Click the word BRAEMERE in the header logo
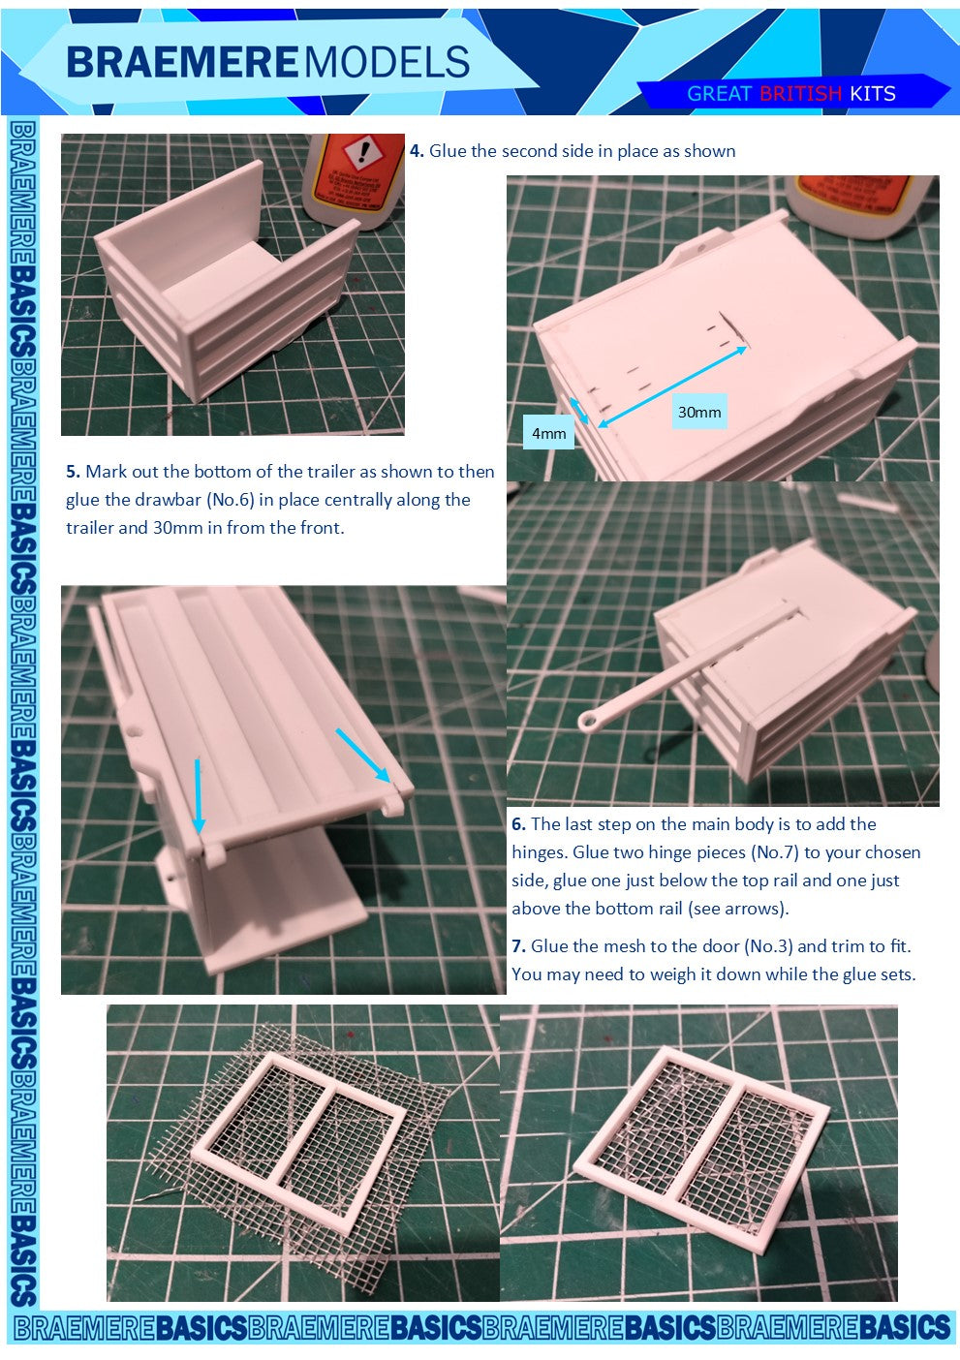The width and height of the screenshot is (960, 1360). pyautogui.click(x=182, y=62)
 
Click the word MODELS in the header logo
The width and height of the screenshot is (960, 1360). pyautogui.click(x=387, y=62)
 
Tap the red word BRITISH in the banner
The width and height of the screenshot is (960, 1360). pyautogui.click(x=800, y=94)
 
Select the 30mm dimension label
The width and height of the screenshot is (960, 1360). pyautogui.click(x=699, y=413)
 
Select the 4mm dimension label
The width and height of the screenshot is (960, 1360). pyautogui.click(x=549, y=433)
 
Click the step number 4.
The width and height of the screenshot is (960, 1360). pyautogui.click(x=417, y=151)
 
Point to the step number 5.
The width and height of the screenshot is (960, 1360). pyautogui.click(x=73, y=472)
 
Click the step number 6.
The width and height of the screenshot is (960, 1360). pyautogui.click(x=518, y=824)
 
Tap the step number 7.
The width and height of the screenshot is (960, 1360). pyautogui.click(x=518, y=946)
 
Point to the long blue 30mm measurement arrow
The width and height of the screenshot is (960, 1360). pyautogui.click(x=672, y=386)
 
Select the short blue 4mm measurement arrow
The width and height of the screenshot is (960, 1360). pyautogui.click(x=578, y=411)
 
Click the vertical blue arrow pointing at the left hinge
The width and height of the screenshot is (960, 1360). pyautogui.click(x=198, y=796)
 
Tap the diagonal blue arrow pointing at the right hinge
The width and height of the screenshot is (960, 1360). pyautogui.click(x=363, y=756)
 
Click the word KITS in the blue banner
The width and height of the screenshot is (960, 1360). pyautogui.click(x=873, y=94)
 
